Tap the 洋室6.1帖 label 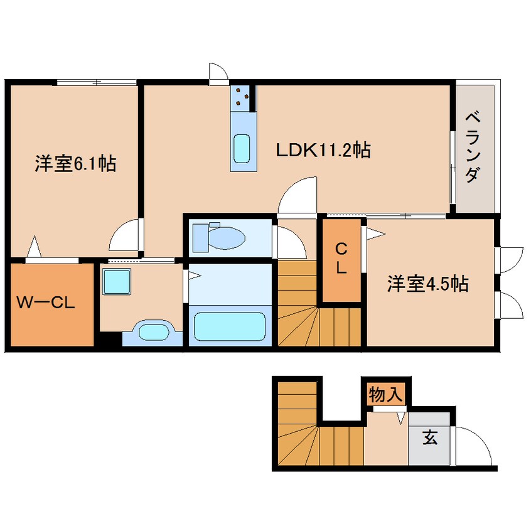[75, 164]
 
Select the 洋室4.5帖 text [427, 284]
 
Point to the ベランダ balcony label [475, 147]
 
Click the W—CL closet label [46, 304]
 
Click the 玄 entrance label [429, 437]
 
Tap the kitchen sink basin [242, 148]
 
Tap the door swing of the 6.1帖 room [125, 235]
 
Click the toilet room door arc [286, 242]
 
